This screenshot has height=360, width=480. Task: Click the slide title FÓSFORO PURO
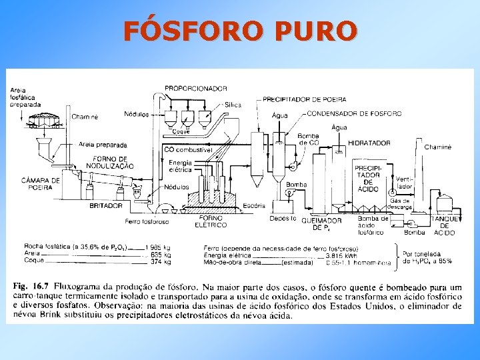(x=239, y=31)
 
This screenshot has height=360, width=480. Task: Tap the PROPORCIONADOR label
(x=196, y=88)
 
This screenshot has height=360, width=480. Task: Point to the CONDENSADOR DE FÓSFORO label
(x=354, y=114)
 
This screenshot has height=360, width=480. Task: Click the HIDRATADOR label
(x=369, y=143)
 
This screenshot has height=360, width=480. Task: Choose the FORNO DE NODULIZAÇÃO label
(x=114, y=161)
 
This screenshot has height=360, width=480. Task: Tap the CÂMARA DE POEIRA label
(x=41, y=184)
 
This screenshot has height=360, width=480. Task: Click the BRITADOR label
(x=106, y=206)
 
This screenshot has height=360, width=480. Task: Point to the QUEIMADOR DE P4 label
(x=322, y=223)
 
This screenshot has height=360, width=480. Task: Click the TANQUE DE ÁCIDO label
(x=445, y=225)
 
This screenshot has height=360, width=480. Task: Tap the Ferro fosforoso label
(x=147, y=221)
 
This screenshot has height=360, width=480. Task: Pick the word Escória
(x=254, y=205)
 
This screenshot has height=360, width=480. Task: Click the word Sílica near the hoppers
(x=233, y=105)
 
